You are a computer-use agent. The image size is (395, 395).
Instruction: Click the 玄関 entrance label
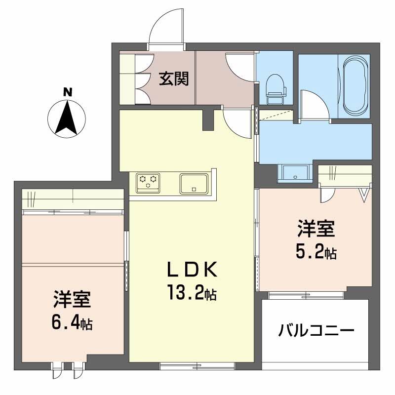(x=174, y=79)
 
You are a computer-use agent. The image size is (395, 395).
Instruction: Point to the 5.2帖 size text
(x=316, y=253)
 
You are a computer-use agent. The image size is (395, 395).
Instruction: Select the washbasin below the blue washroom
(x=295, y=173)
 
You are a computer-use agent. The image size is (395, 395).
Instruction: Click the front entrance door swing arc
(x=167, y=27)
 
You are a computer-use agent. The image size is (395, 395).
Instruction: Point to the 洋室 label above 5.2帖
(x=316, y=230)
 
